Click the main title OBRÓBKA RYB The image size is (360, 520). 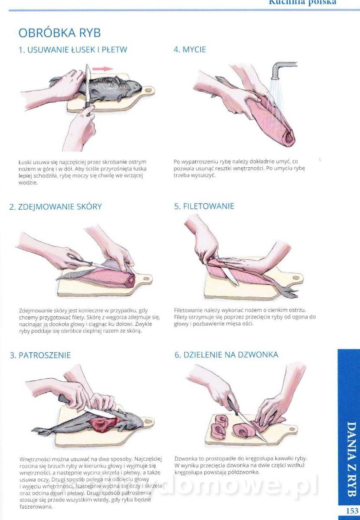pyautogui.click(x=59, y=33)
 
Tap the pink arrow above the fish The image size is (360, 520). pyautogui.click(x=102, y=69)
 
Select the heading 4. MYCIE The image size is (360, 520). pyautogui.click(x=190, y=50)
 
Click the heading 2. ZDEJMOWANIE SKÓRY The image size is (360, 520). pyautogui.click(x=56, y=207)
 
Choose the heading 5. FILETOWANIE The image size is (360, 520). pyautogui.click(x=204, y=206)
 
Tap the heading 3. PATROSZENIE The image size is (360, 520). pyautogui.click(x=40, y=355)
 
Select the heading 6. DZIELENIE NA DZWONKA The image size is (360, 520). pyautogui.click(x=226, y=355)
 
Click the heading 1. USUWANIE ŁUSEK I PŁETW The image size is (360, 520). pyautogui.click(x=73, y=50)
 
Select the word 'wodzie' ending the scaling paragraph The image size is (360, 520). pyautogui.click(x=28, y=182)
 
